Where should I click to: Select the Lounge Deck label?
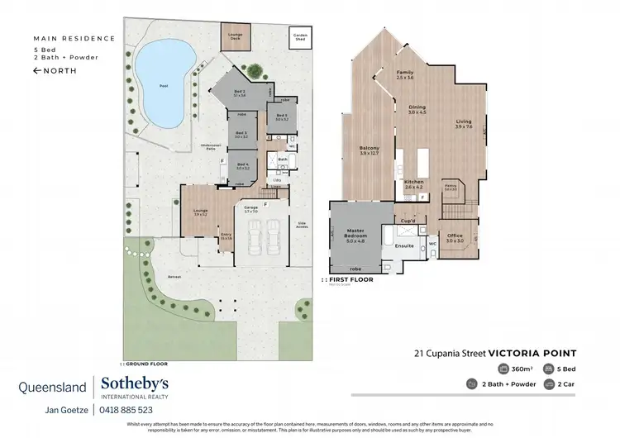click(x=235, y=36)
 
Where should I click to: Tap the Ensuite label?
click(x=405, y=245)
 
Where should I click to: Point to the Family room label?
click(x=404, y=74)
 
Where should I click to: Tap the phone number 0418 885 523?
click(x=126, y=409)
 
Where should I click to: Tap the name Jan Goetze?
click(x=68, y=409)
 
